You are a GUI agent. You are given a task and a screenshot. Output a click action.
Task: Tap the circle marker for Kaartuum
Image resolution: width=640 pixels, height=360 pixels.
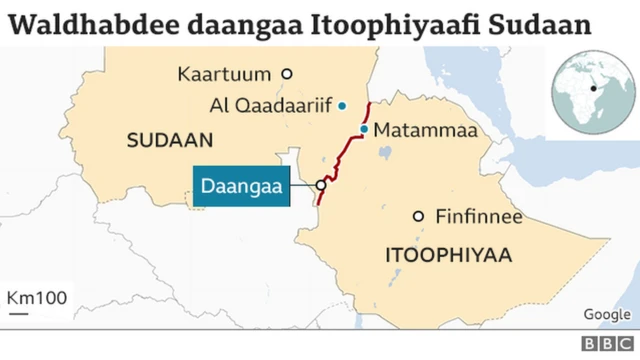tap(286, 73)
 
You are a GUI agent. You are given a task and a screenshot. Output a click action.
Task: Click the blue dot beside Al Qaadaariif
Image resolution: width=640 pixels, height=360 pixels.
tap(342, 105)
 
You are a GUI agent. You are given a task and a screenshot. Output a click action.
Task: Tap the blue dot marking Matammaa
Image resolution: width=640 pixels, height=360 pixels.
tap(365, 129)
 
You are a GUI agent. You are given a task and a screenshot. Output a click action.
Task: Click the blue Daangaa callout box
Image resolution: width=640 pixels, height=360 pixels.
tap(240, 186)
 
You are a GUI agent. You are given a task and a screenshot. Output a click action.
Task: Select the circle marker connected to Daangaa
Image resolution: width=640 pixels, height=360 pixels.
tap(321, 185)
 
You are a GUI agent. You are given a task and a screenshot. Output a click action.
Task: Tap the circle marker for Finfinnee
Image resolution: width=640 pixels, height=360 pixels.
tap(418, 216)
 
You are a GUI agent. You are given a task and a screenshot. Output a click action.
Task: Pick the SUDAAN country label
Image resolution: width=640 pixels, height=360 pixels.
tap(164, 141)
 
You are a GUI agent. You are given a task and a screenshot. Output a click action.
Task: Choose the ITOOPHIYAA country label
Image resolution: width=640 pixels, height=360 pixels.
tap(448, 257)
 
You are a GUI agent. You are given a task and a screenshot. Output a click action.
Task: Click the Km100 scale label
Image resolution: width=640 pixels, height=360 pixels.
tap(37, 298)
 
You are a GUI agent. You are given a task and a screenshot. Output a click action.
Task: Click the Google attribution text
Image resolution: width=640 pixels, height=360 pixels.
tap(606, 315)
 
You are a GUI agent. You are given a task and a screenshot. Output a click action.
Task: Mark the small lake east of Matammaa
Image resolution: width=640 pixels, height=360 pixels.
tap(383, 154)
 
